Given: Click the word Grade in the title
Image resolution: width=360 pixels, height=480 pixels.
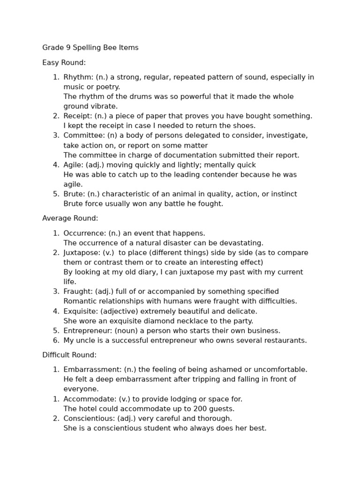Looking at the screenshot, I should pos(52,48).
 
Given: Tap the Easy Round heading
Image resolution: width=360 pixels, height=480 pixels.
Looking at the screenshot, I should pos(64,63).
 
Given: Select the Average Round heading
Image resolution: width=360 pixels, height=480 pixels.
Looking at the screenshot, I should pos(70,218).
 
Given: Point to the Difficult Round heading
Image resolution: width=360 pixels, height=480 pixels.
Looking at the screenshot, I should pos(69,355).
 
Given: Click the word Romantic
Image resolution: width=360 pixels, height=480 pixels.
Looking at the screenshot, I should pos(79,301).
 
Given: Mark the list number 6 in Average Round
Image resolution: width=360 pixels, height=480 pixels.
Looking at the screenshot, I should pos(56,340).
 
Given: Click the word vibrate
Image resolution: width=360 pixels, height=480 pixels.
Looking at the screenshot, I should pos(104,106).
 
